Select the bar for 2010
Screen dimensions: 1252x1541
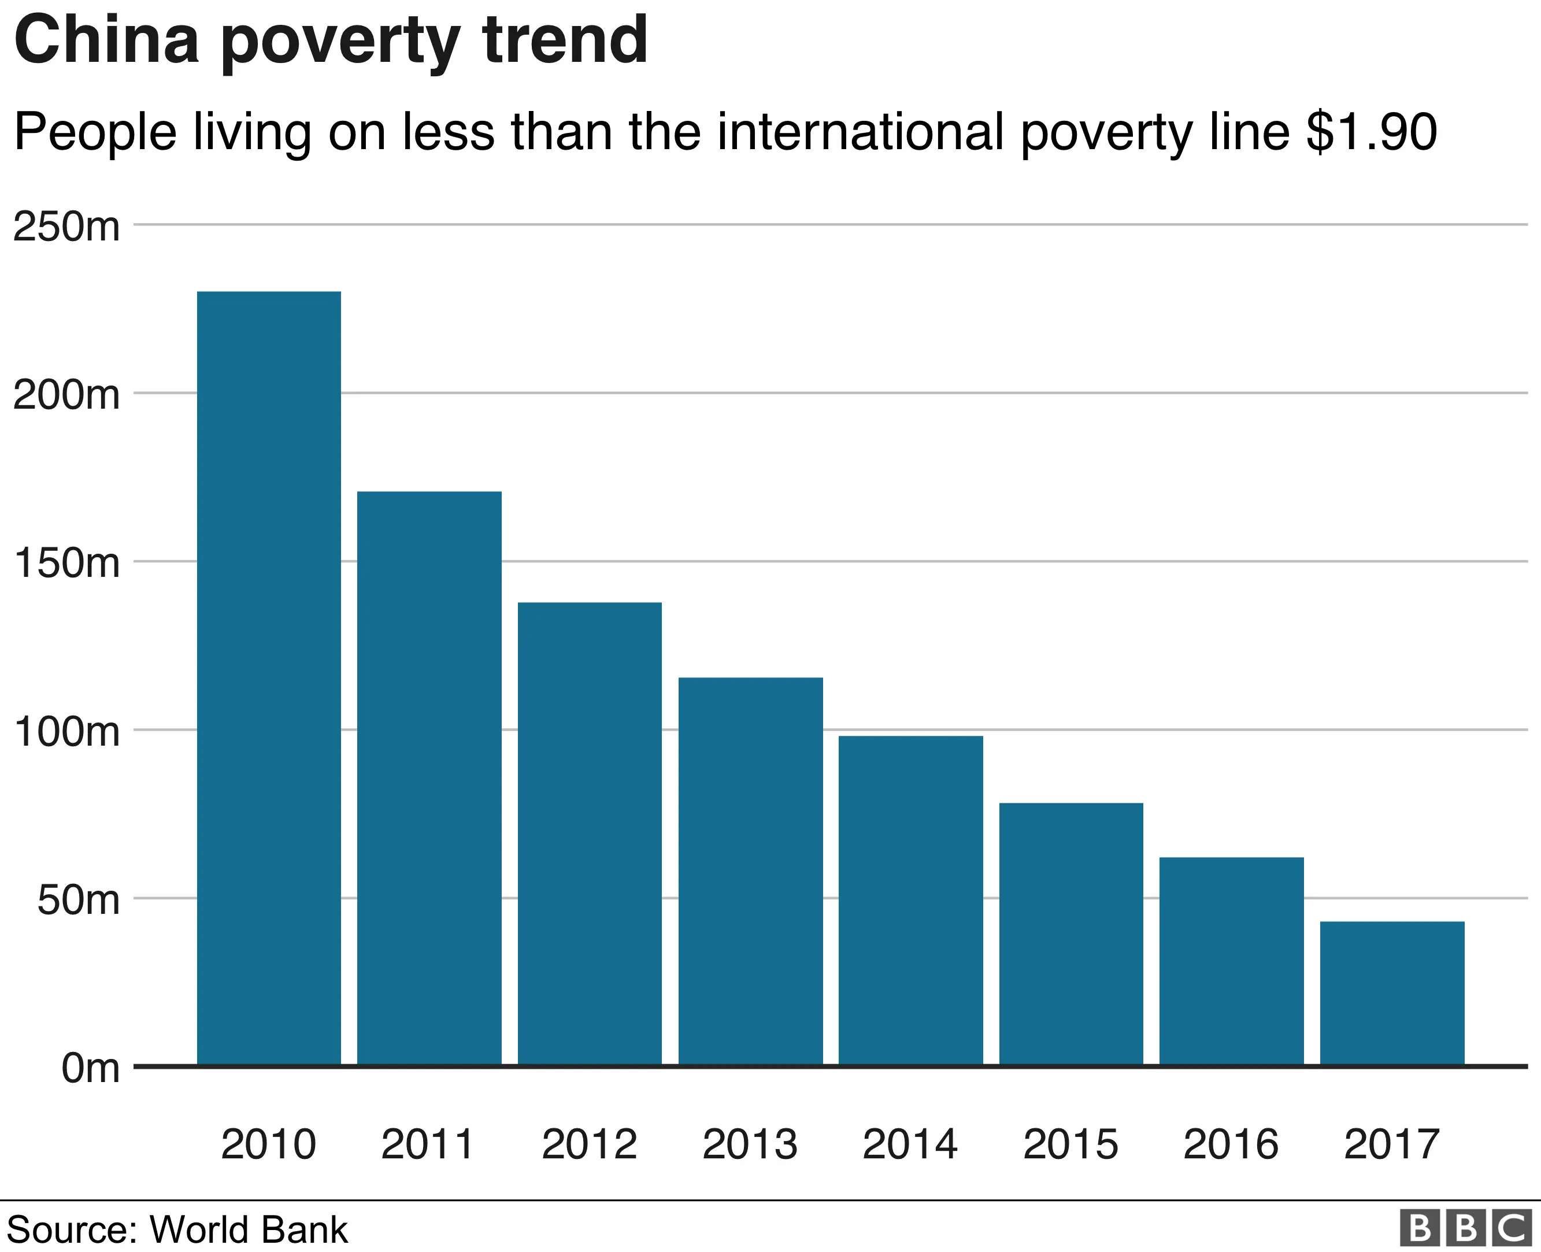point(268,678)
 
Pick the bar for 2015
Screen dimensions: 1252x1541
point(1071,934)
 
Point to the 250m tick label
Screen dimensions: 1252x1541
point(66,227)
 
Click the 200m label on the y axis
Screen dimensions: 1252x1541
point(66,395)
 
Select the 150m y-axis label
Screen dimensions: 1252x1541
point(66,563)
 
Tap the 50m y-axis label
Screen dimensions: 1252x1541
point(78,900)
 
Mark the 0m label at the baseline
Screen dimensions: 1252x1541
point(90,1068)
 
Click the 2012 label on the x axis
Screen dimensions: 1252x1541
point(589,1144)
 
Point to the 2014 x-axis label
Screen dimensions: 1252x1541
point(910,1144)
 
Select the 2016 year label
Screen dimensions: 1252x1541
point(1231,1144)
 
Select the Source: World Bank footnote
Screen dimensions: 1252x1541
point(177,1229)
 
